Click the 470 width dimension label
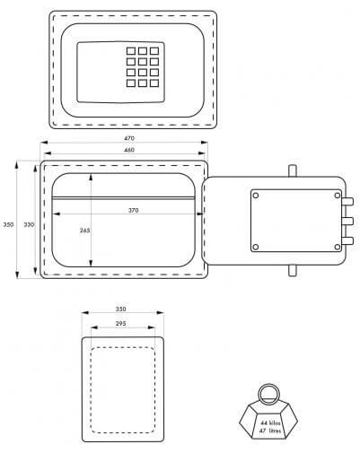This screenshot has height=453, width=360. pos(129,138)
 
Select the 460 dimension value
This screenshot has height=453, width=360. pos(129,150)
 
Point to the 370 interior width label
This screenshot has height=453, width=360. pos(133,211)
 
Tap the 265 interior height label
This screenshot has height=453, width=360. pos(84,231)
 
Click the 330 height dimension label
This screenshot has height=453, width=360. pos(29,224)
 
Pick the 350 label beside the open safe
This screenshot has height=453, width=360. pos(8,224)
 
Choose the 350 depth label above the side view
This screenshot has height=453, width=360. pos(120,309)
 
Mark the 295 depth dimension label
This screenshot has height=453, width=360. pos(120,324)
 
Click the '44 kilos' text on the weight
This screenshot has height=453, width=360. pos(270,423)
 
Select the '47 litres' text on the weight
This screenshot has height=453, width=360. pos(270,431)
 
